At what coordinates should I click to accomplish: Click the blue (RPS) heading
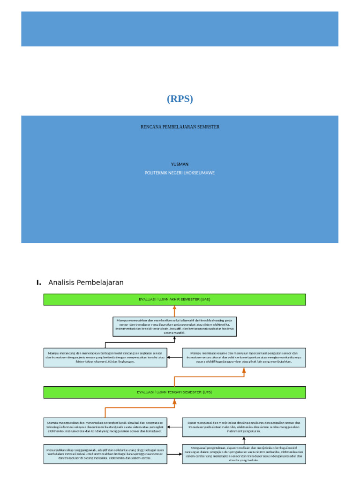click(x=180, y=99)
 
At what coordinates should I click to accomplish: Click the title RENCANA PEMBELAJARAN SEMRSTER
click(x=180, y=127)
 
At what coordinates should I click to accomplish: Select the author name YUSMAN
click(x=180, y=165)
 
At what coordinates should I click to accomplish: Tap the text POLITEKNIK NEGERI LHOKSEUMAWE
click(x=180, y=173)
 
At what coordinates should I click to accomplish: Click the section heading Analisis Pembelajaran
click(x=86, y=283)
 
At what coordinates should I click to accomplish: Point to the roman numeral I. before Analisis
click(x=38, y=283)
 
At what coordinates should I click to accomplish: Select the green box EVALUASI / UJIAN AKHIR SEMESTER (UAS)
click(x=174, y=300)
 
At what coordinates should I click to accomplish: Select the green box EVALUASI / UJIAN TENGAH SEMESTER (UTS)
click(x=174, y=392)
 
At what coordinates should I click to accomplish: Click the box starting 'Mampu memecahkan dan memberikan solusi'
click(x=174, y=326)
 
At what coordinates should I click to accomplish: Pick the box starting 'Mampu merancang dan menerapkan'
click(x=105, y=357)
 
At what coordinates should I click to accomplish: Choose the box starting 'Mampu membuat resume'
click(x=244, y=357)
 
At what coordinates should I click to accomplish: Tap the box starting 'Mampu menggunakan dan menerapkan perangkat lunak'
click(x=105, y=427)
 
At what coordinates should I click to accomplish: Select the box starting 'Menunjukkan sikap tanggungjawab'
click(x=105, y=454)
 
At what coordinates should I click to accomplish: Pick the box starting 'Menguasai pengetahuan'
click(x=244, y=454)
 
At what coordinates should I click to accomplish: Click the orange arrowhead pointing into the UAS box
click(x=174, y=308)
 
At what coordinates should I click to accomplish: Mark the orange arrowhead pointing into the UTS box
click(x=174, y=401)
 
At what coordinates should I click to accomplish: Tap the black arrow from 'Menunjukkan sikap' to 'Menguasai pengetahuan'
click(x=174, y=454)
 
